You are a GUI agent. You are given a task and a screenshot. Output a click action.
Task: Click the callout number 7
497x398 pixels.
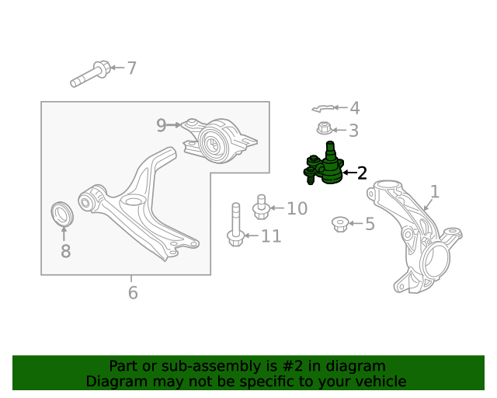[132, 68]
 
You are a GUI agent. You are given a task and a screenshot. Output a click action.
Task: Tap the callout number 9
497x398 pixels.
[161, 125]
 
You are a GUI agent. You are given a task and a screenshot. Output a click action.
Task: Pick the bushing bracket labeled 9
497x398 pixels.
[219, 141]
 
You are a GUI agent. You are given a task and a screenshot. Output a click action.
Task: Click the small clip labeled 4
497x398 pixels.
[322, 109]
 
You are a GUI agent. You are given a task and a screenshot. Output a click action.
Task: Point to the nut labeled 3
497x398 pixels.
[325, 128]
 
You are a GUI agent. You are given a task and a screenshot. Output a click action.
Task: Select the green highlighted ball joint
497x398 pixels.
[324, 163]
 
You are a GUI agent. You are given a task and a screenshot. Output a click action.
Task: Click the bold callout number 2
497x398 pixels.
[362, 173]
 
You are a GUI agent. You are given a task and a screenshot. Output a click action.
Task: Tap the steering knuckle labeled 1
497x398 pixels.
[415, 236]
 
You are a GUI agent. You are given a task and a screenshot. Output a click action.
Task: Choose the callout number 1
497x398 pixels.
[435, 192]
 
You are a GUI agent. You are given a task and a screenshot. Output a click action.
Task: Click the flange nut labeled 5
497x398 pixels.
[340, 224]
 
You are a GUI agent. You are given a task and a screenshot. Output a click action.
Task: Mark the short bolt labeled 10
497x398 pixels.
[261, 207]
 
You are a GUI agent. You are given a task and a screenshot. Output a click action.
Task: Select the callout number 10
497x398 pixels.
[297, 208]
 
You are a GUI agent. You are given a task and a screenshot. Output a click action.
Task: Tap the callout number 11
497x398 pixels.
[271, 236]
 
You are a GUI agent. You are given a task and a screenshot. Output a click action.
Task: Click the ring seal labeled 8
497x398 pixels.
[62, 213]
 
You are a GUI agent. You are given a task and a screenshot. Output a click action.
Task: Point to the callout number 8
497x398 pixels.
[65, 251]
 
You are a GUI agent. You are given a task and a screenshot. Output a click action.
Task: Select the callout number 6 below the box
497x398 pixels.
[133, 292]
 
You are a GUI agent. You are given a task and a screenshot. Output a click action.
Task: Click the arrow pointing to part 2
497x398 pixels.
[350, 173]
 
